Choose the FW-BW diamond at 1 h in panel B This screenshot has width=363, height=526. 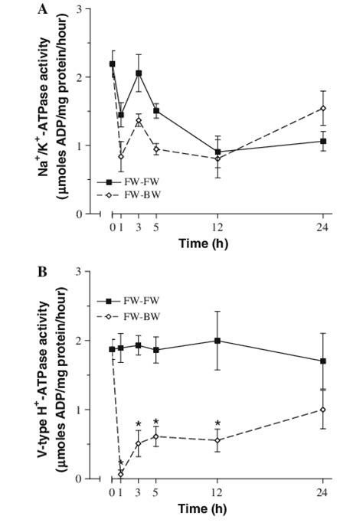(121, 474)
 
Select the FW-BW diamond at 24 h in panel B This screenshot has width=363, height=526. (323, 410)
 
